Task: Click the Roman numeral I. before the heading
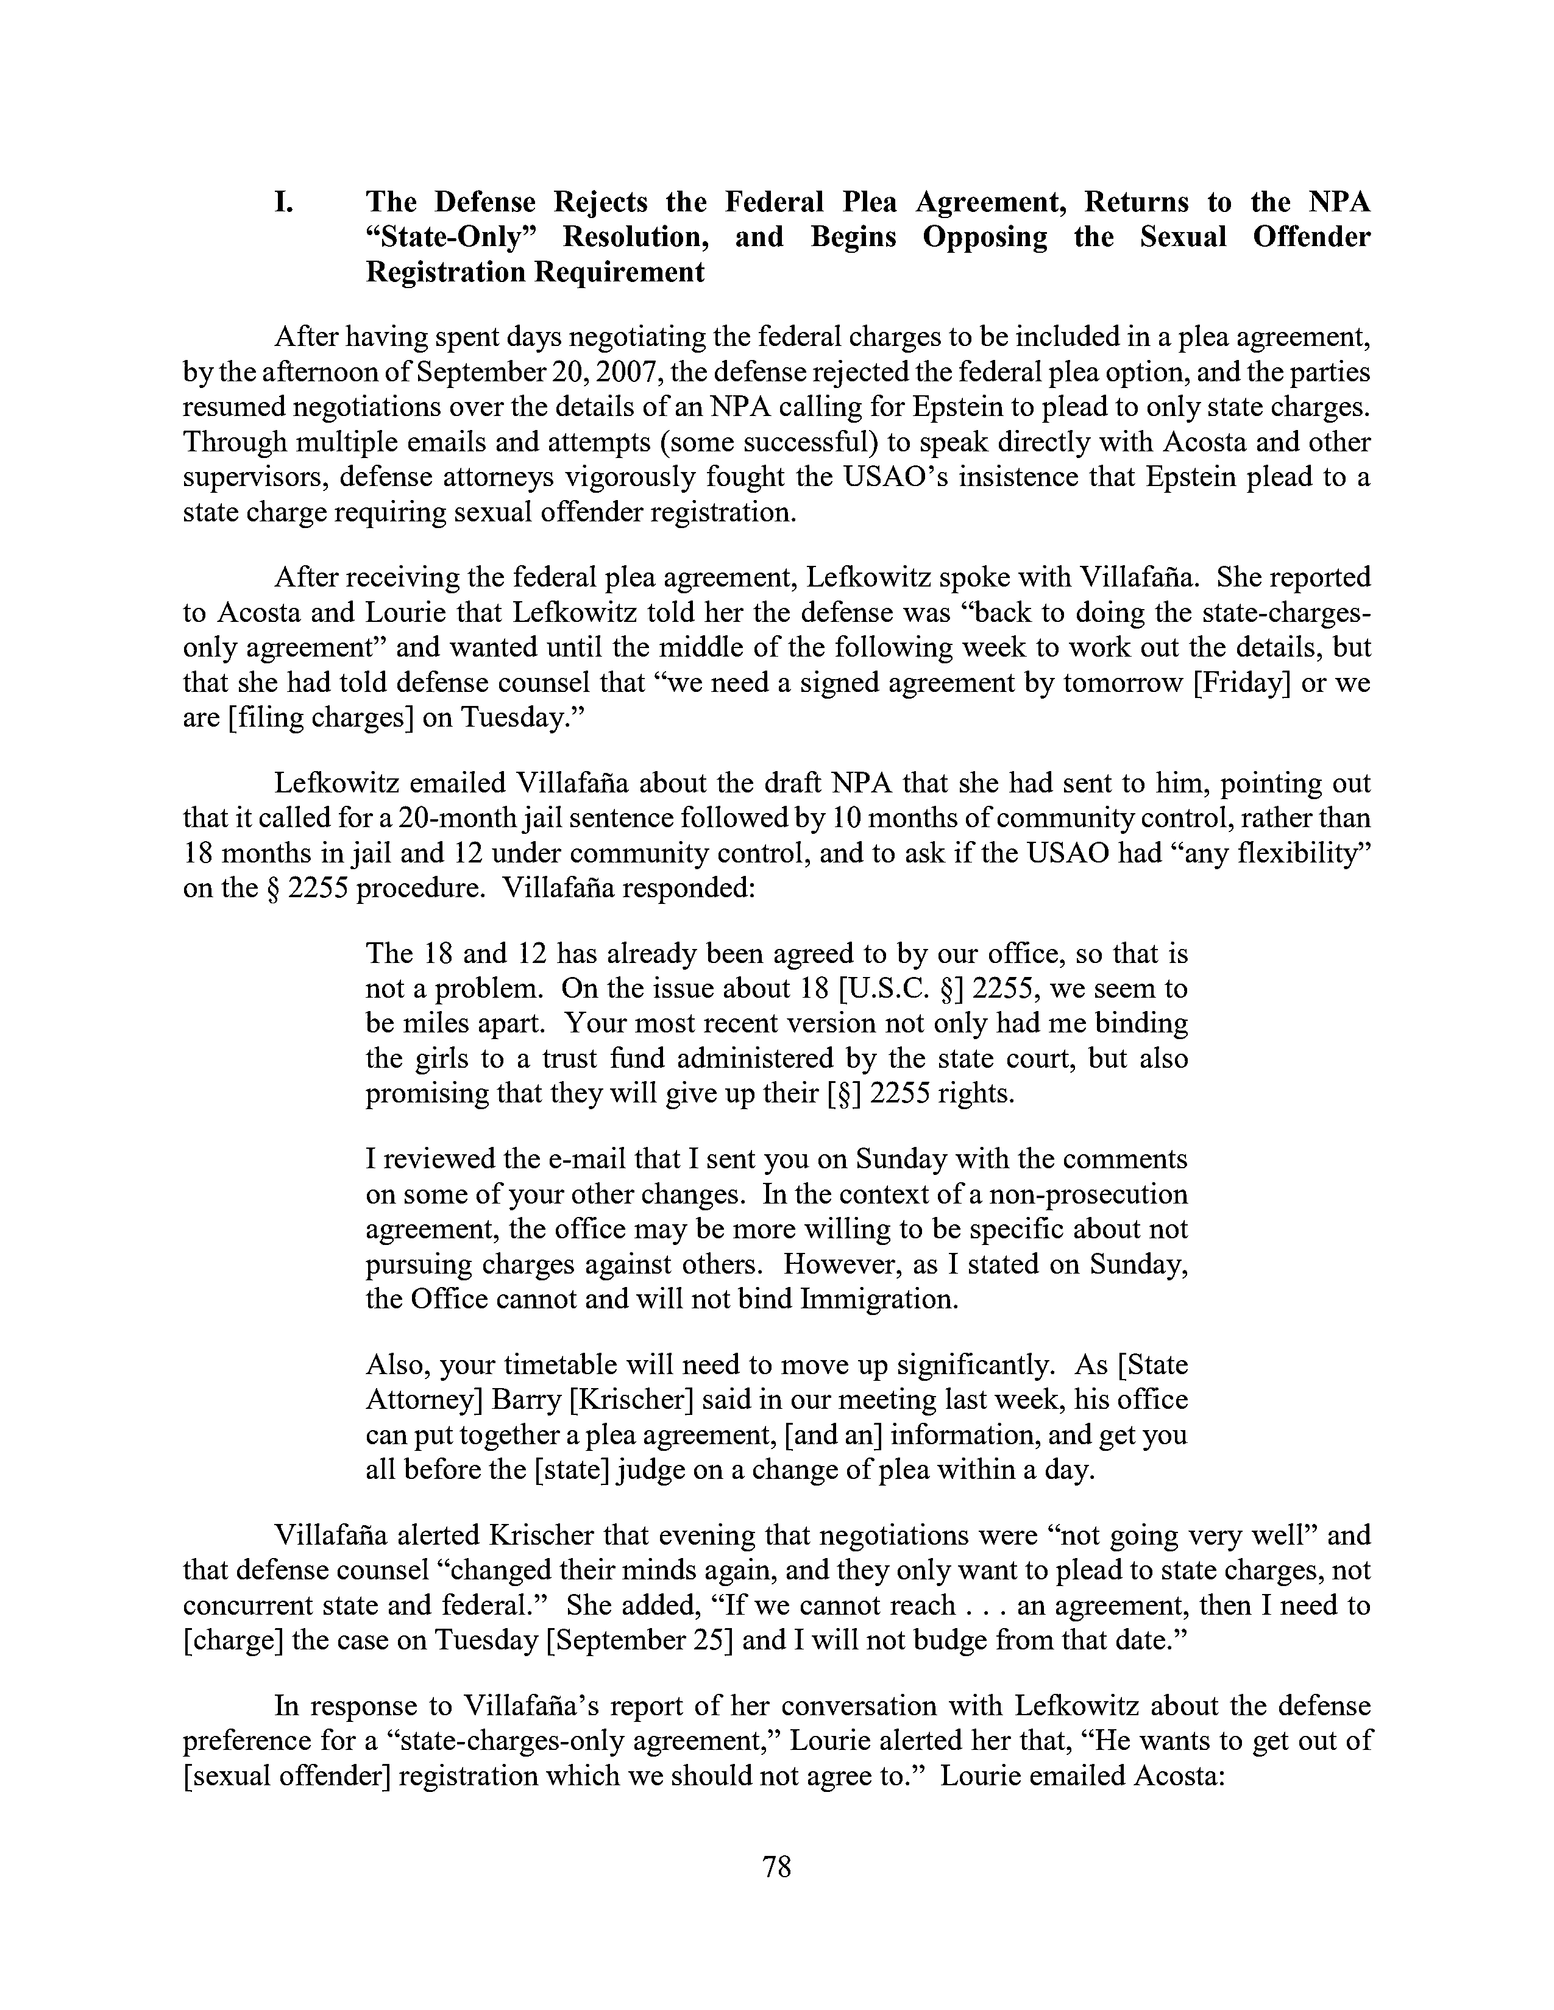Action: click(283, 202)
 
